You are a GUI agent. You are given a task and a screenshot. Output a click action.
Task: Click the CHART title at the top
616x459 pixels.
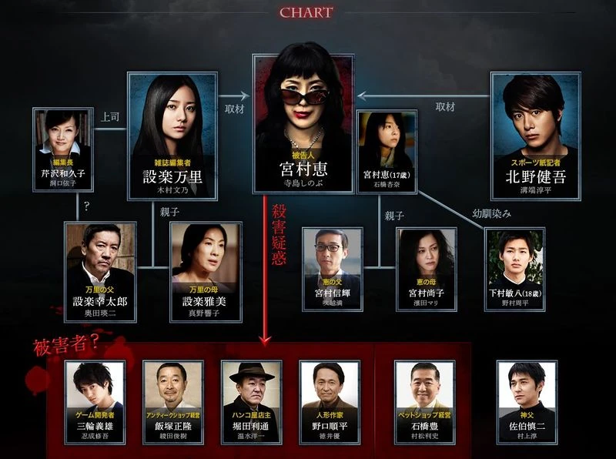click(x=306, y=12)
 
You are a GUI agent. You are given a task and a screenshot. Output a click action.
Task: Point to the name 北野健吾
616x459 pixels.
click(x=534, y=176)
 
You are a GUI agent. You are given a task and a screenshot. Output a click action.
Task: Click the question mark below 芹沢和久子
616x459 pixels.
click(x=87, y=207)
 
